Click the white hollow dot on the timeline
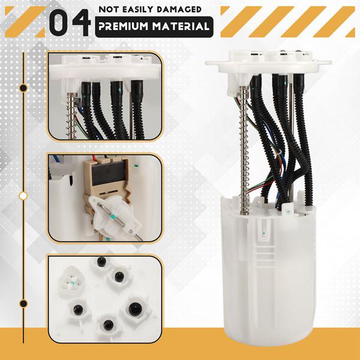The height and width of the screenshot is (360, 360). [x=23, y=196]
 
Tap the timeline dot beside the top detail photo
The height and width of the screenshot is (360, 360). [x=23, y=88]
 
